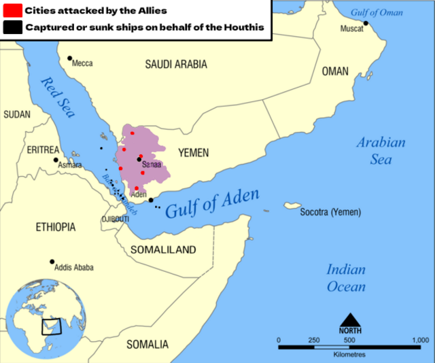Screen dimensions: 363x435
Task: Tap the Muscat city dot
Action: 366,23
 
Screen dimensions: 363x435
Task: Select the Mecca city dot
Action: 69,58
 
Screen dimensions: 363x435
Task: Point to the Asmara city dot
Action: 56,160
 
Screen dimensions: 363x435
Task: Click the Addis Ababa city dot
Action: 52,262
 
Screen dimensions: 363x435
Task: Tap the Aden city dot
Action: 151,201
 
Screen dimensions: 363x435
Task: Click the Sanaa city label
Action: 152,165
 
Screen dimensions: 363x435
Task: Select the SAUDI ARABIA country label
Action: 176,65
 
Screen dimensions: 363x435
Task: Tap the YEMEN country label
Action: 193,153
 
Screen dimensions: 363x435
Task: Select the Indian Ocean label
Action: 346,278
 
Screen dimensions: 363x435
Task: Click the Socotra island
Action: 293,206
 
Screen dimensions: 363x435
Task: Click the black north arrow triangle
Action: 350,320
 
